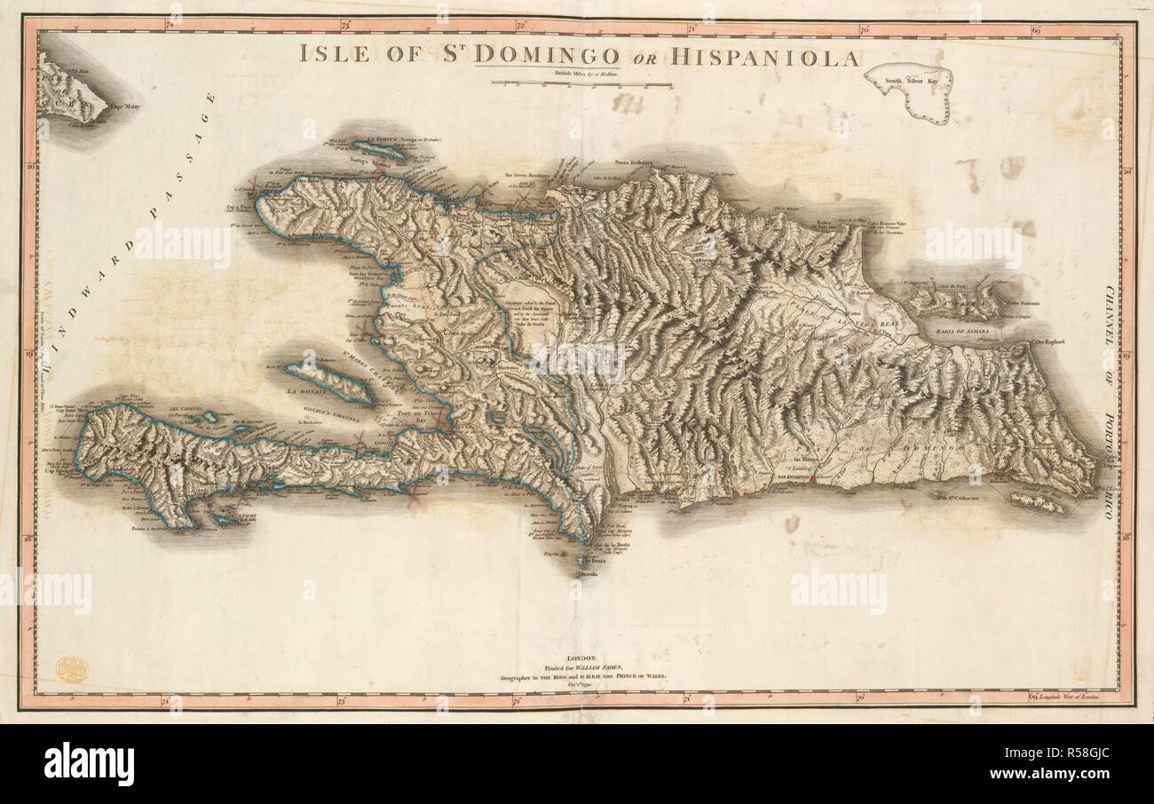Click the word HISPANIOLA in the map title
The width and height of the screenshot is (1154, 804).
[765, 58]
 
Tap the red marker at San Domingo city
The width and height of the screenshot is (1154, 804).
[812, 478]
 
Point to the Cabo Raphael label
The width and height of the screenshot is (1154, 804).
[1048, 340]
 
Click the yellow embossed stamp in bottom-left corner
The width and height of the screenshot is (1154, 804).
[67, 668]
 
